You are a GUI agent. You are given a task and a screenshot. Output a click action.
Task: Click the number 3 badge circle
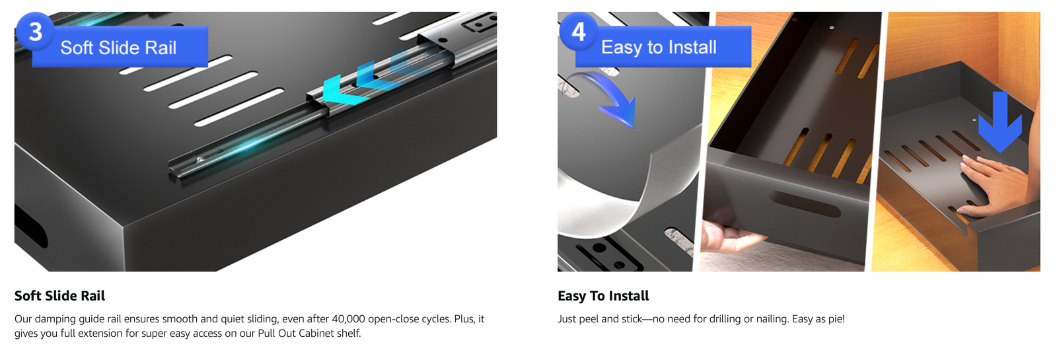(36, 32)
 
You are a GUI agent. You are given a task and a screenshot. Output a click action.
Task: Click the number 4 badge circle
(579, 32)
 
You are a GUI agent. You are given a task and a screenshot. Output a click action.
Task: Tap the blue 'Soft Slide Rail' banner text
(118, 48)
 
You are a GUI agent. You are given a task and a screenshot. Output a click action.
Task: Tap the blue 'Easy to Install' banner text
(659, 47)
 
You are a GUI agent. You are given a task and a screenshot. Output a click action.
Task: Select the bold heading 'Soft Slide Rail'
(59, 296)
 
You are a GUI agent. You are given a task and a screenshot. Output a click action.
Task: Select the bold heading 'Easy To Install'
(603, 296)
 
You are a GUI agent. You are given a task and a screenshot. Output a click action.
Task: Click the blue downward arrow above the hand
(1000, 122)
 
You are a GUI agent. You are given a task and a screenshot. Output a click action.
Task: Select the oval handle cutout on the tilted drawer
(805, 204)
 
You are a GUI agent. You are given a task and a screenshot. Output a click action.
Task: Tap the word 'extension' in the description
(98, 333)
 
